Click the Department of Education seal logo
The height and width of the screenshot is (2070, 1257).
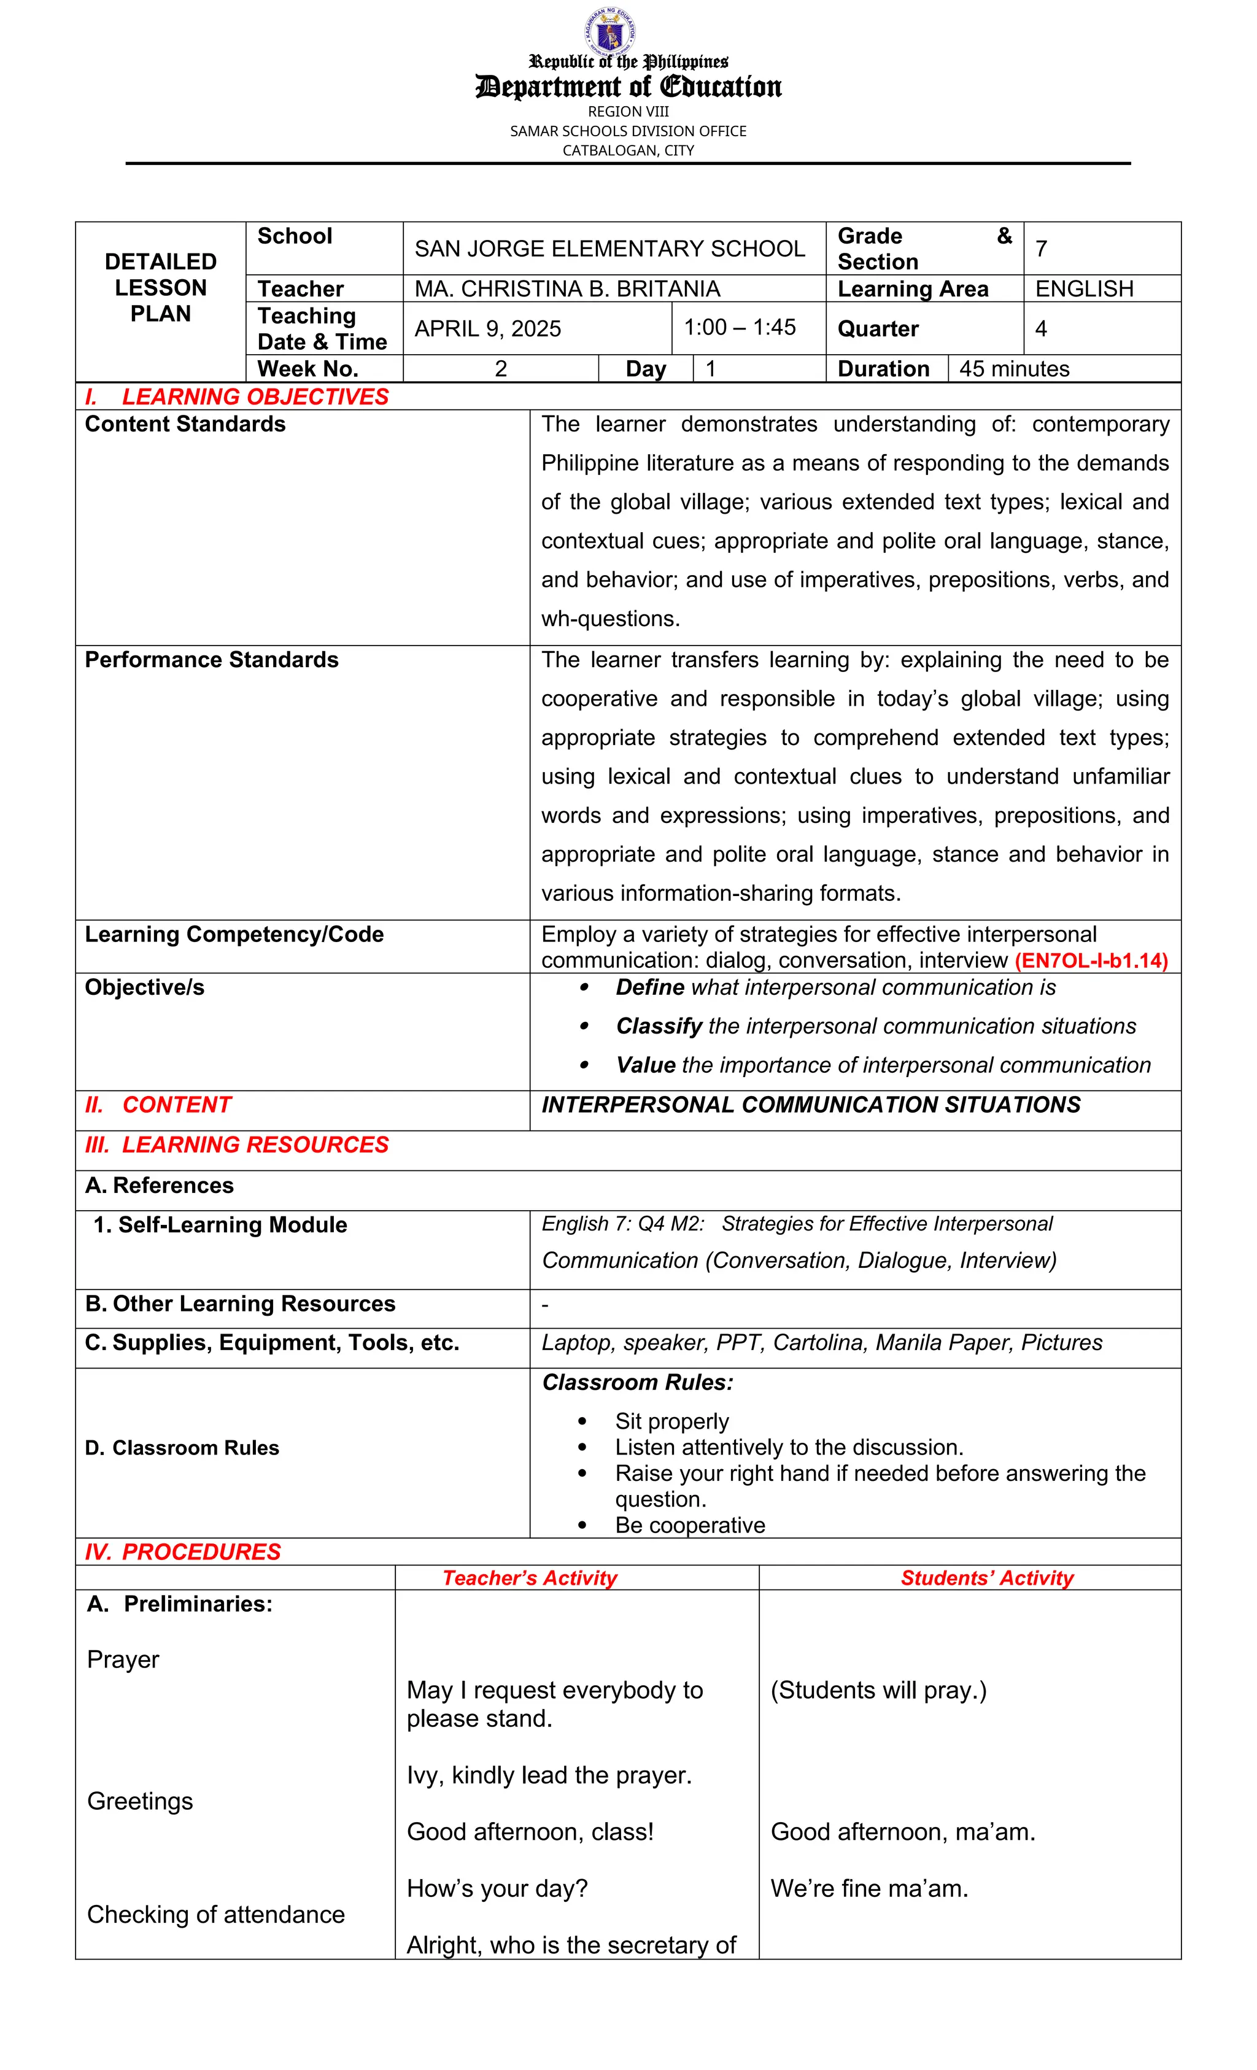pos(610,31)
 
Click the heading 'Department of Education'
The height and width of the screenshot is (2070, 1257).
pos(628,87)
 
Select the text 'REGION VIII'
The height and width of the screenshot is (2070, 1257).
pos(628,112)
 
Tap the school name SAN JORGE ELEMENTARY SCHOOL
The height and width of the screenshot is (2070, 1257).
pos(609,249)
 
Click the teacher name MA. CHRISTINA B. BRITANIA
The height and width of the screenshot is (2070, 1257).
pos(567,289)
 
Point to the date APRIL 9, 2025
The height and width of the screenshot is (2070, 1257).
pos(487,328)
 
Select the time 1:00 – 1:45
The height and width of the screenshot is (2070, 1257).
pos(740,328)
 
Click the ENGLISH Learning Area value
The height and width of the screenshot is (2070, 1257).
pos(1084,289)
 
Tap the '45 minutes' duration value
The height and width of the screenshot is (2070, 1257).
pos(1014,369)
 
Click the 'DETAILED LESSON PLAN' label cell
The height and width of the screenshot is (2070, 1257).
pos(160,287)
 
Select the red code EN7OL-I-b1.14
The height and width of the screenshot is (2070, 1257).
pos(1091,961)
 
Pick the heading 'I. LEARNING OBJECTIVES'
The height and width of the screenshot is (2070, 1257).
pos(237,396)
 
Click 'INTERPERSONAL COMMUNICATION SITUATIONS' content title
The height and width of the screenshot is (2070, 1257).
pos(811,1105)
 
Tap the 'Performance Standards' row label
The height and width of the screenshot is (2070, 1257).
pos(212,660)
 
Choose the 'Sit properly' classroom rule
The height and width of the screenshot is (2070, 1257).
pos(671,1421)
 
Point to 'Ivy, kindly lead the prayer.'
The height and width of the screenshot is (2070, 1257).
pos(549,1775)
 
